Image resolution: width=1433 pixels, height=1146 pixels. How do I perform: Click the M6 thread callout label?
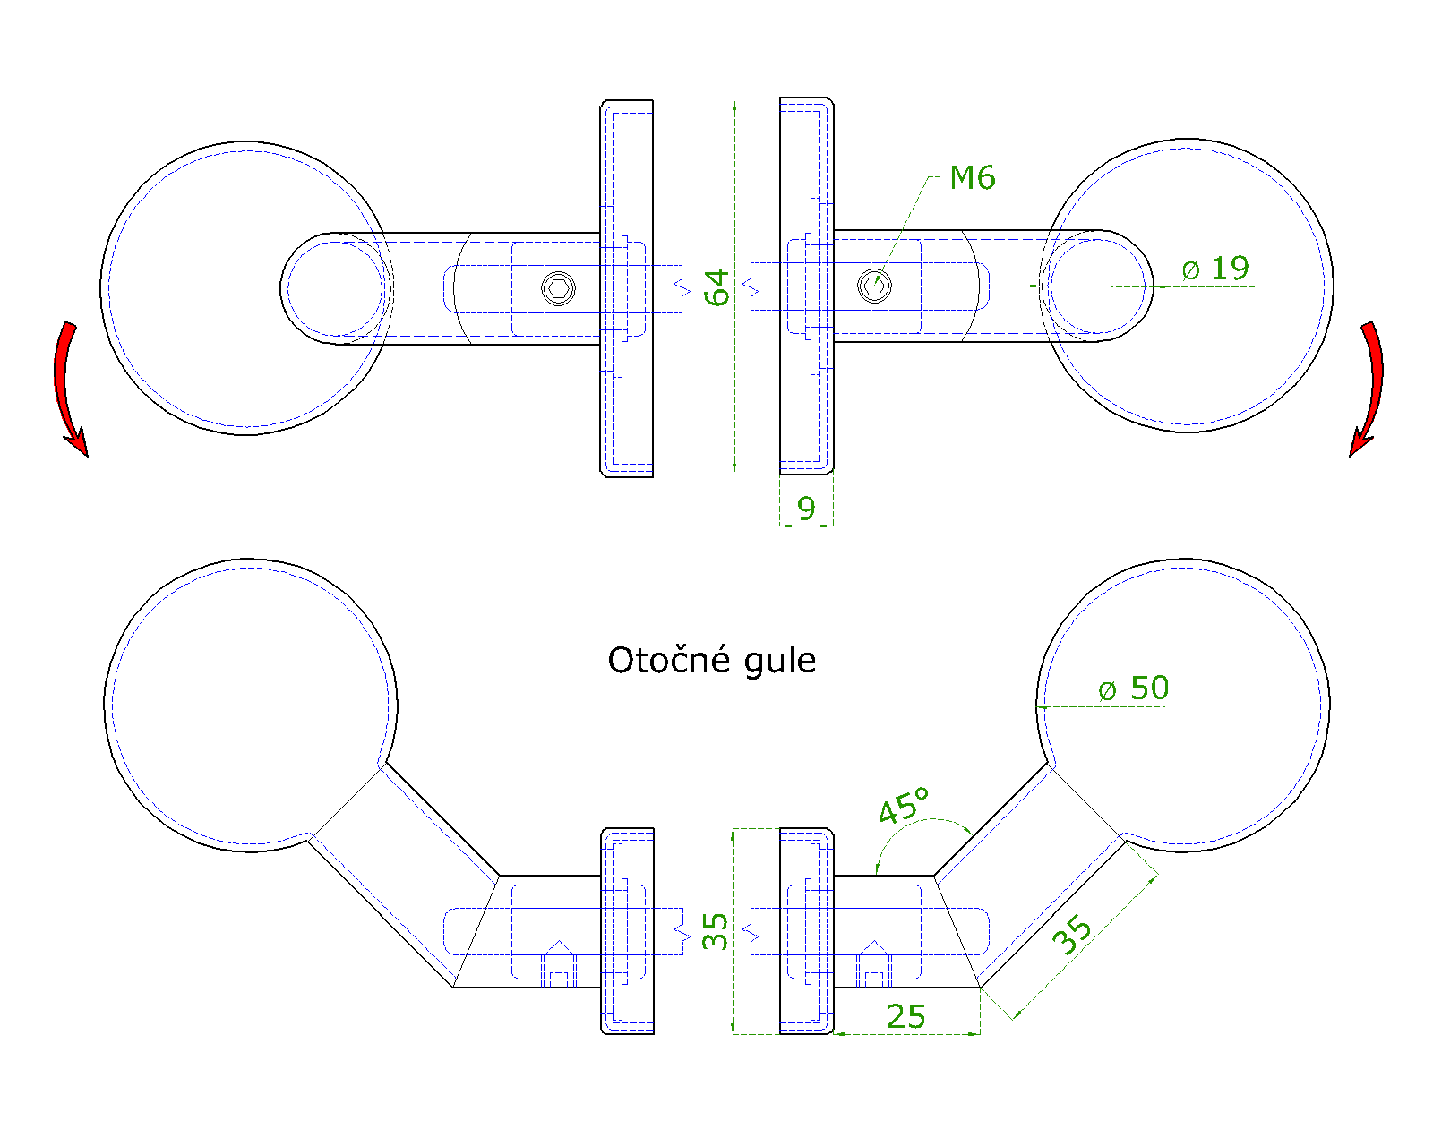pyautogui.click(x=972, y=178)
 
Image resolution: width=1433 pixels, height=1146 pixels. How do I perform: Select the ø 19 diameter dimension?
pyautogui.click(x=1215, y=269)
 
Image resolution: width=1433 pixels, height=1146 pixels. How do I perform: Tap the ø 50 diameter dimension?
pyautogui.click(x=1133, y=688)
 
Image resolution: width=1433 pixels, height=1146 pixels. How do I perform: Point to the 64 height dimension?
pyautogui.click(x=716, y=287)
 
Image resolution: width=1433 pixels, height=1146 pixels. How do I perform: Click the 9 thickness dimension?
pyautogui.click(x=806, y=509)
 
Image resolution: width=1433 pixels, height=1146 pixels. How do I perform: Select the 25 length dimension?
pyautogui.click(x=905, y=1016)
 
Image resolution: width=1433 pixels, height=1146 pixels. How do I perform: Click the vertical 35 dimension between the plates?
pyautogui.click(x=715, y=931)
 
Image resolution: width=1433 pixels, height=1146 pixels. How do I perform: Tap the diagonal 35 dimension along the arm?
pyautogui.click(x=1071, y=935)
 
